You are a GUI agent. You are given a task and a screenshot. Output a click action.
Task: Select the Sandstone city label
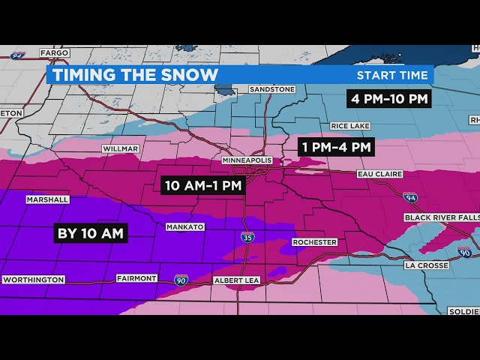(272, 89)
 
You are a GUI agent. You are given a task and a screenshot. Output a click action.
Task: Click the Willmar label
(121, 148)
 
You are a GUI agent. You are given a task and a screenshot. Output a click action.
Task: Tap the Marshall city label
(47, 199)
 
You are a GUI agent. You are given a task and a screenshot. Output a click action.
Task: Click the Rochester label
(313, 242)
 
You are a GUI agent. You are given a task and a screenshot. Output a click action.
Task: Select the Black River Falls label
(442, 217)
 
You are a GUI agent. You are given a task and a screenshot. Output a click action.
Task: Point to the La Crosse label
(426, 265)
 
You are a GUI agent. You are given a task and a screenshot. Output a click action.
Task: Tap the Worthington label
(33, 280)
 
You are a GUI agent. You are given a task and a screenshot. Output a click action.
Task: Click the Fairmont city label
(136, 278)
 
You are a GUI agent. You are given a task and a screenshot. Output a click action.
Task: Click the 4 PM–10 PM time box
(388, 98)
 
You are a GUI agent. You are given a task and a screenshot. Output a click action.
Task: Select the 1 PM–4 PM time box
(336, 147)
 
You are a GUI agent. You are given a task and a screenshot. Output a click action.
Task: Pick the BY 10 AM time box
(90, 233)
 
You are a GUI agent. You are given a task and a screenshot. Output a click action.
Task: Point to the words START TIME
(392, 75)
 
